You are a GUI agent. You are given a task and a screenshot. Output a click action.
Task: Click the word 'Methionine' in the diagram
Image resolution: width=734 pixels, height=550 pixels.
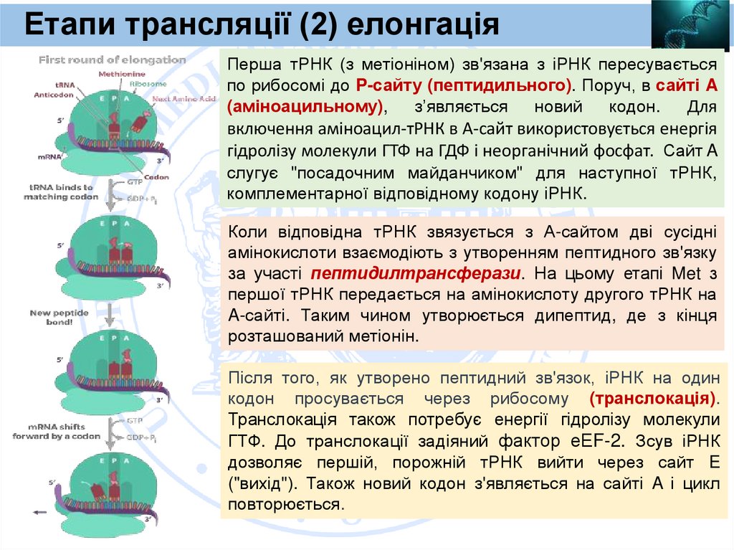pyautogui.click(x=122, y=74)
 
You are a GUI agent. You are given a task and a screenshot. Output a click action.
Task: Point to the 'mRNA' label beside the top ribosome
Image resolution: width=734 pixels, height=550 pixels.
pyautogui.click(x=48, y=156)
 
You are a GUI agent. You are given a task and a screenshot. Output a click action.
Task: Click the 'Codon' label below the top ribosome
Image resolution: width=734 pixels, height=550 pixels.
pyautogui.click(x=156, y=177)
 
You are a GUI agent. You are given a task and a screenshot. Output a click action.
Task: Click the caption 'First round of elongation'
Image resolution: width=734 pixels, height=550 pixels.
pyautogui.click(x=112, y=60)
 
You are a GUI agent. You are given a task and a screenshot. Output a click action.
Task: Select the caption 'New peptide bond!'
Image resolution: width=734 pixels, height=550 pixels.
pyautogui.click(x=59, y=318)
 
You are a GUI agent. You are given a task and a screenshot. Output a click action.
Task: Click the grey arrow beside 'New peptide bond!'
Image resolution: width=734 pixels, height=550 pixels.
pyautogui.click(x=108, y=314)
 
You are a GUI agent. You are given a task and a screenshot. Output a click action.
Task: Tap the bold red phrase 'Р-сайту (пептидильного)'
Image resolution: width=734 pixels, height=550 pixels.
pyautogui.click(x=463, y=85)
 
